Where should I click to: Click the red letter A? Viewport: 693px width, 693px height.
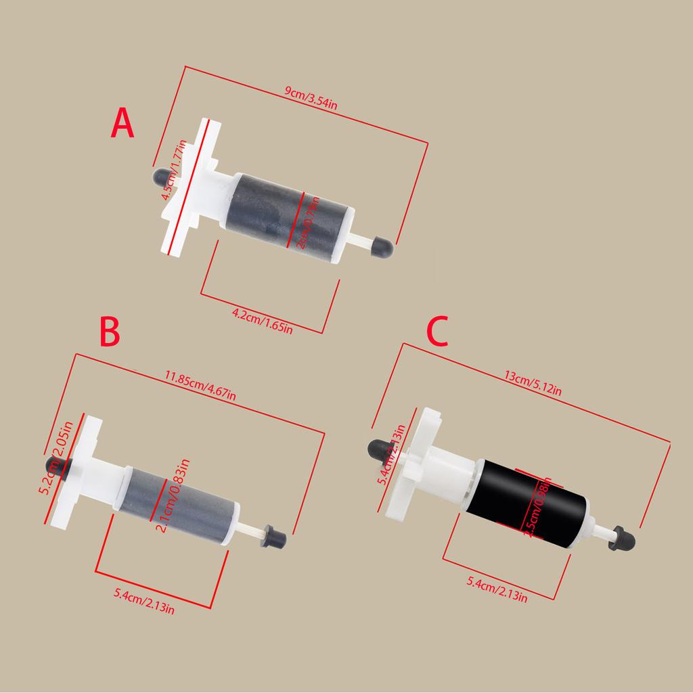click(x=122, y=124)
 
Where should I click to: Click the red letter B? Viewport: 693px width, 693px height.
click(x=110, y=332)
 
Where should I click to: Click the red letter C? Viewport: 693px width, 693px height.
click(x=437, y=332)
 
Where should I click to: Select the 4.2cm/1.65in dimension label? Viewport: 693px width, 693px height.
click(x=262, y=321)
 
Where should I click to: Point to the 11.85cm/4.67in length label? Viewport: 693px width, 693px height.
click(x=201, y=385)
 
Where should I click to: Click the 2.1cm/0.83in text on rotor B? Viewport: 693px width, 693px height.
click(x=173, y=495)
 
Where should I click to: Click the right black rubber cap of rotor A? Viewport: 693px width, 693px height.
click(x=382, y=246)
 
